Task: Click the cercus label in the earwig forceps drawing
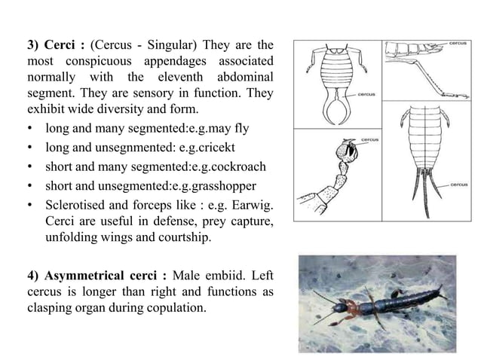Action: (366, 94)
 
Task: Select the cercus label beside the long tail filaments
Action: (459, 185)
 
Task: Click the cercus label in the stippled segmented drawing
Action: (370, 139)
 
